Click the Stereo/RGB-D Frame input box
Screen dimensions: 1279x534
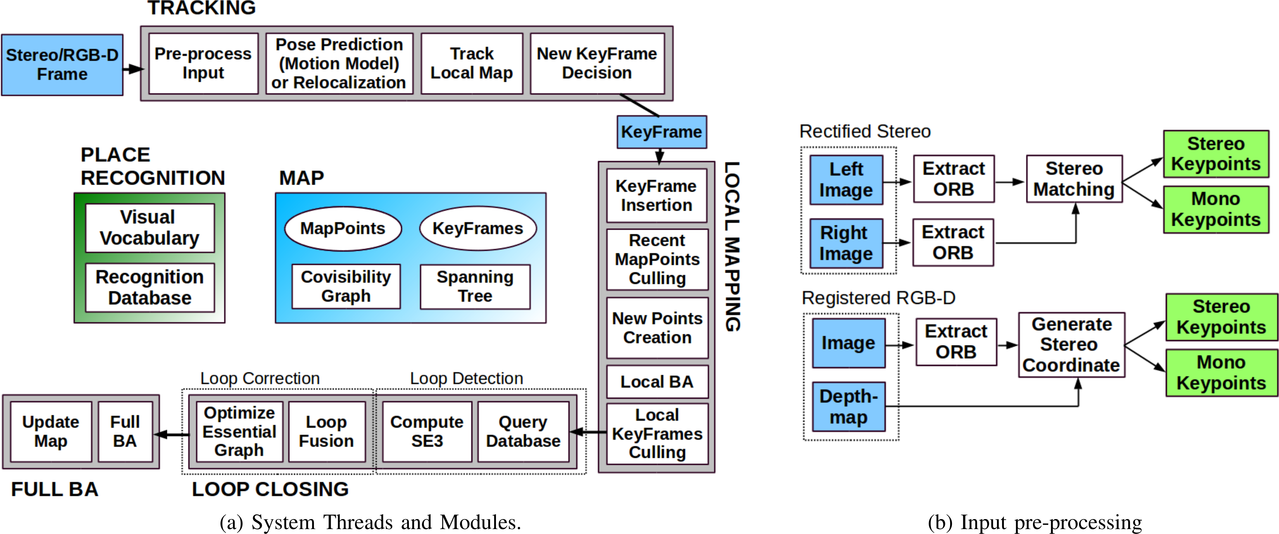click(62, 65)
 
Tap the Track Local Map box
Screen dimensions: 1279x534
click(472, 64)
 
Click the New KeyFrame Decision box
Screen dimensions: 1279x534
click(597, 64)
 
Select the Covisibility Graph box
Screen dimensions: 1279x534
click(346, 287)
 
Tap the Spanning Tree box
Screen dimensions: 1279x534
click(475, 287)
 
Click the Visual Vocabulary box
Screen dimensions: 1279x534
click(150, 228)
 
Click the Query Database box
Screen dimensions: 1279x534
click(523, 432)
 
